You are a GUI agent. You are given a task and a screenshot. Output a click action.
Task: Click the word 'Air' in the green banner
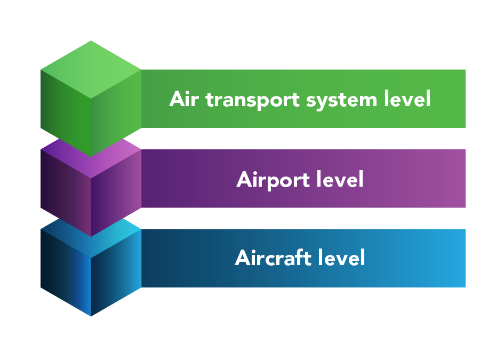[x=185, y=99]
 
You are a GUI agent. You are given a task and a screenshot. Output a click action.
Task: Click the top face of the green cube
[x=91, y=69]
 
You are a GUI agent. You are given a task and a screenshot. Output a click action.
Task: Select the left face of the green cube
[x=65, y=112]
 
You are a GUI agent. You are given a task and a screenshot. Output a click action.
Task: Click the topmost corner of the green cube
[x=91, y=41]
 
